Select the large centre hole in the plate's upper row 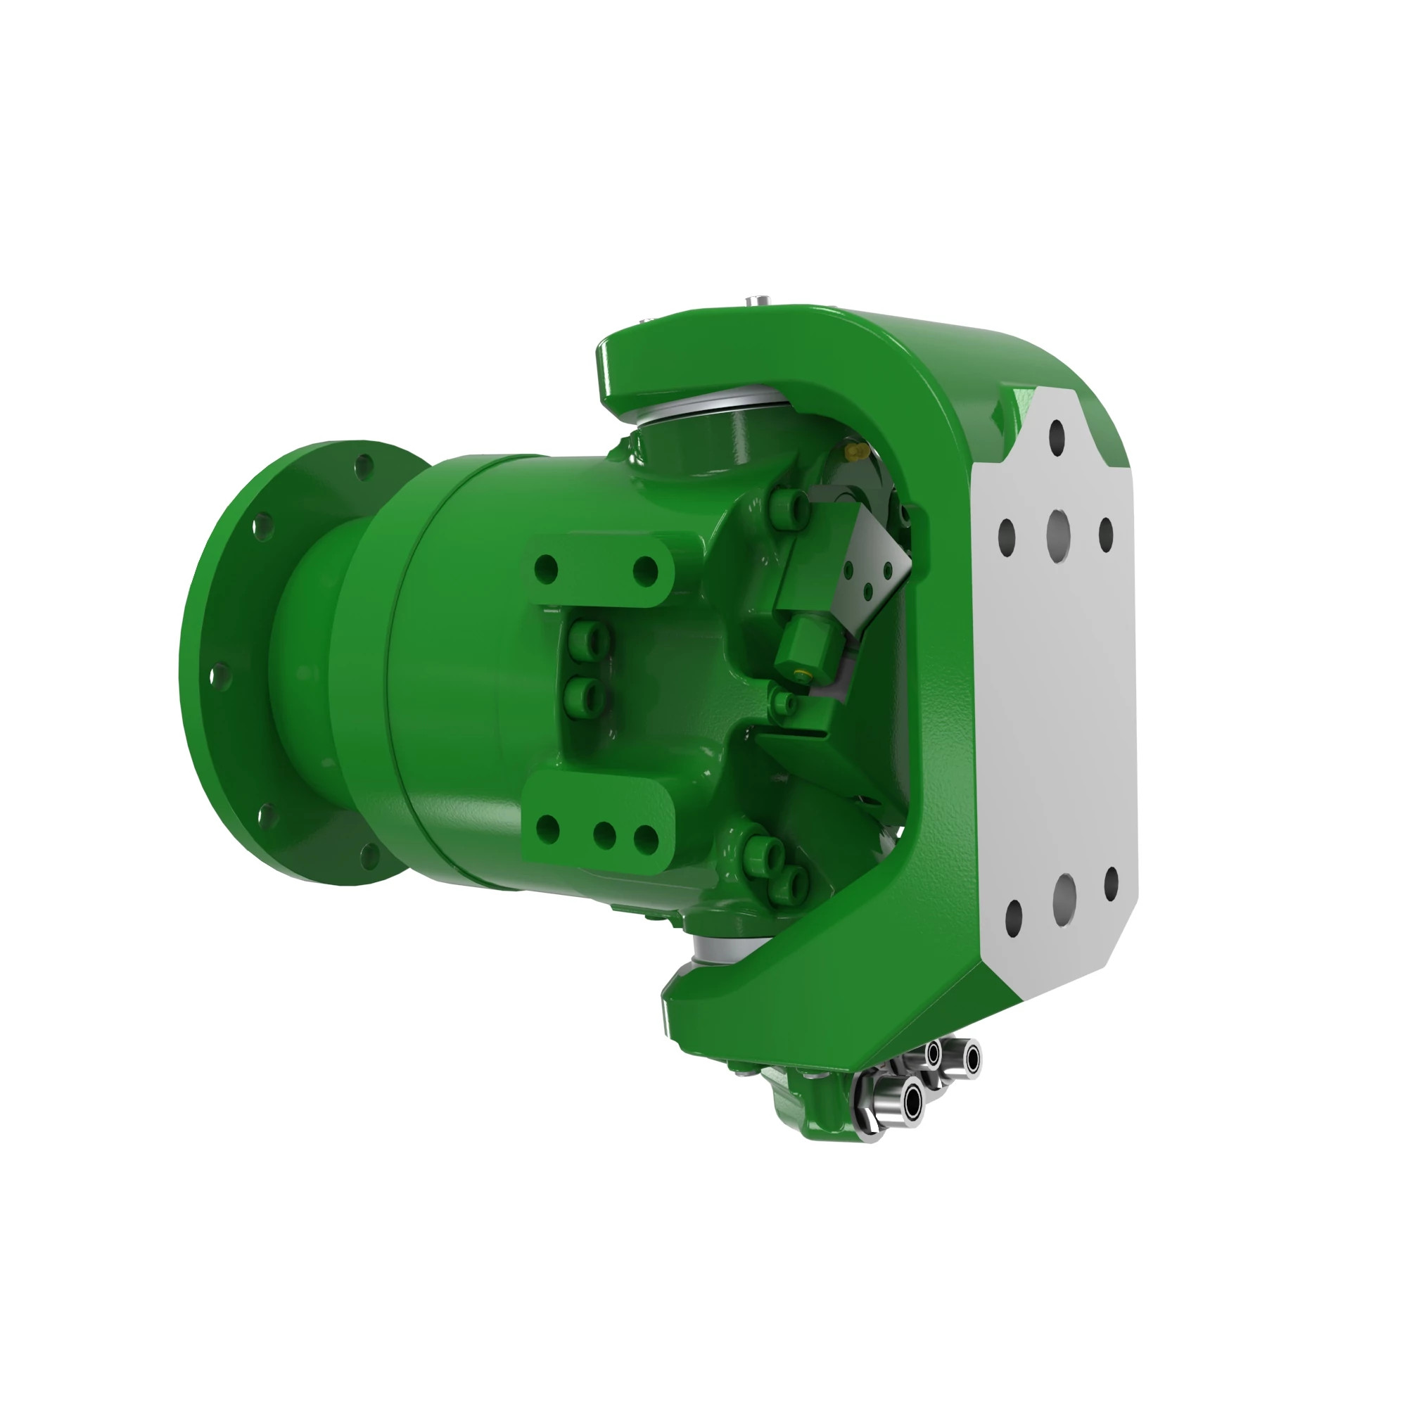(1057, 531)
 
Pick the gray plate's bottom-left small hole (1013, 919)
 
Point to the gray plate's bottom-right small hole (1112, 884)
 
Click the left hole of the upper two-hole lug (545, 568)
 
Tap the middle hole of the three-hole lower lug (604, 834)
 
